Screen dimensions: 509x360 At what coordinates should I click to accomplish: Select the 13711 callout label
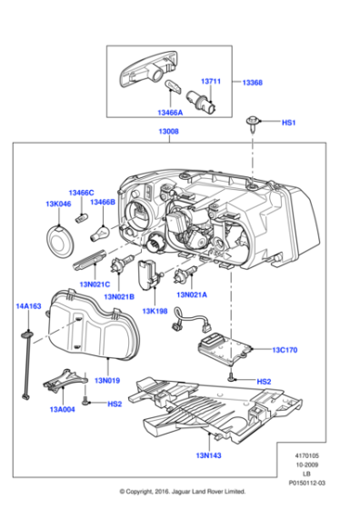click(211, 81)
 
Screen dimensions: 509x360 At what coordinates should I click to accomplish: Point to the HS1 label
click(289, 122)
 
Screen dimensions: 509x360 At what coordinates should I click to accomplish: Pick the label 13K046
click(59, 205)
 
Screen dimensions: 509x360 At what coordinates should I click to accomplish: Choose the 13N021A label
click(192, 294)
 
